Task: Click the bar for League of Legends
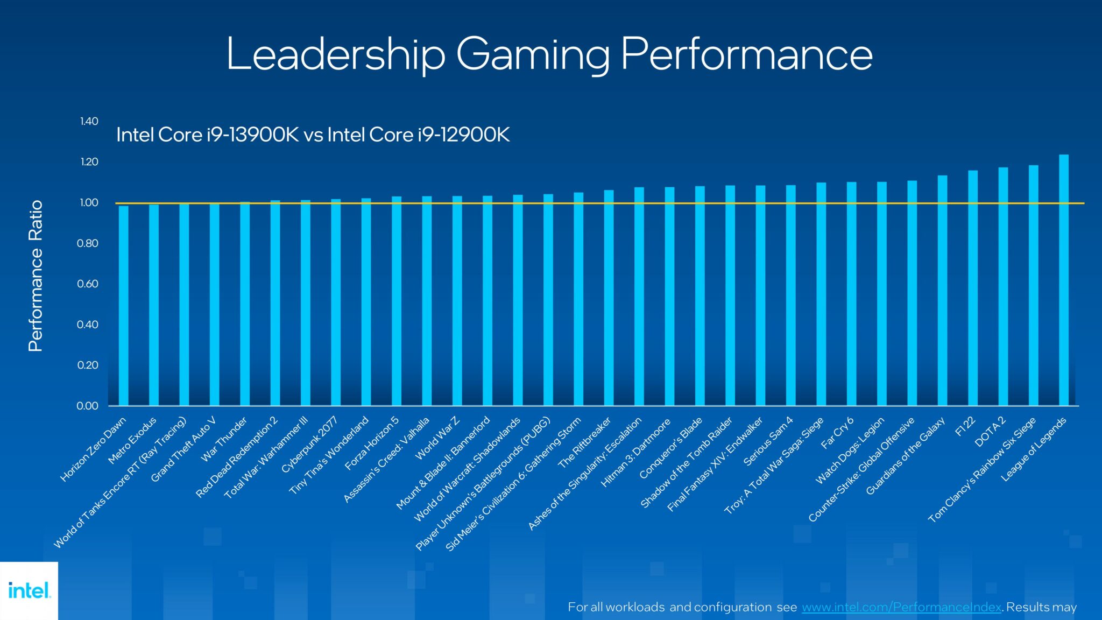point(1064,280)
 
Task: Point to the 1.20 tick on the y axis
point(89,162)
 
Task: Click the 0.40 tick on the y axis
point(88,325)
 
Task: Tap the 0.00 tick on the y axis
point(88,406)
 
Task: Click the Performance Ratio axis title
point(36,276)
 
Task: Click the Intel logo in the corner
point(29,590)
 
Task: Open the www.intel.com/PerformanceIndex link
point(901,607)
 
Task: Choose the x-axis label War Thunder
point(224,439)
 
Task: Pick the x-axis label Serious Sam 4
point(768,441)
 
